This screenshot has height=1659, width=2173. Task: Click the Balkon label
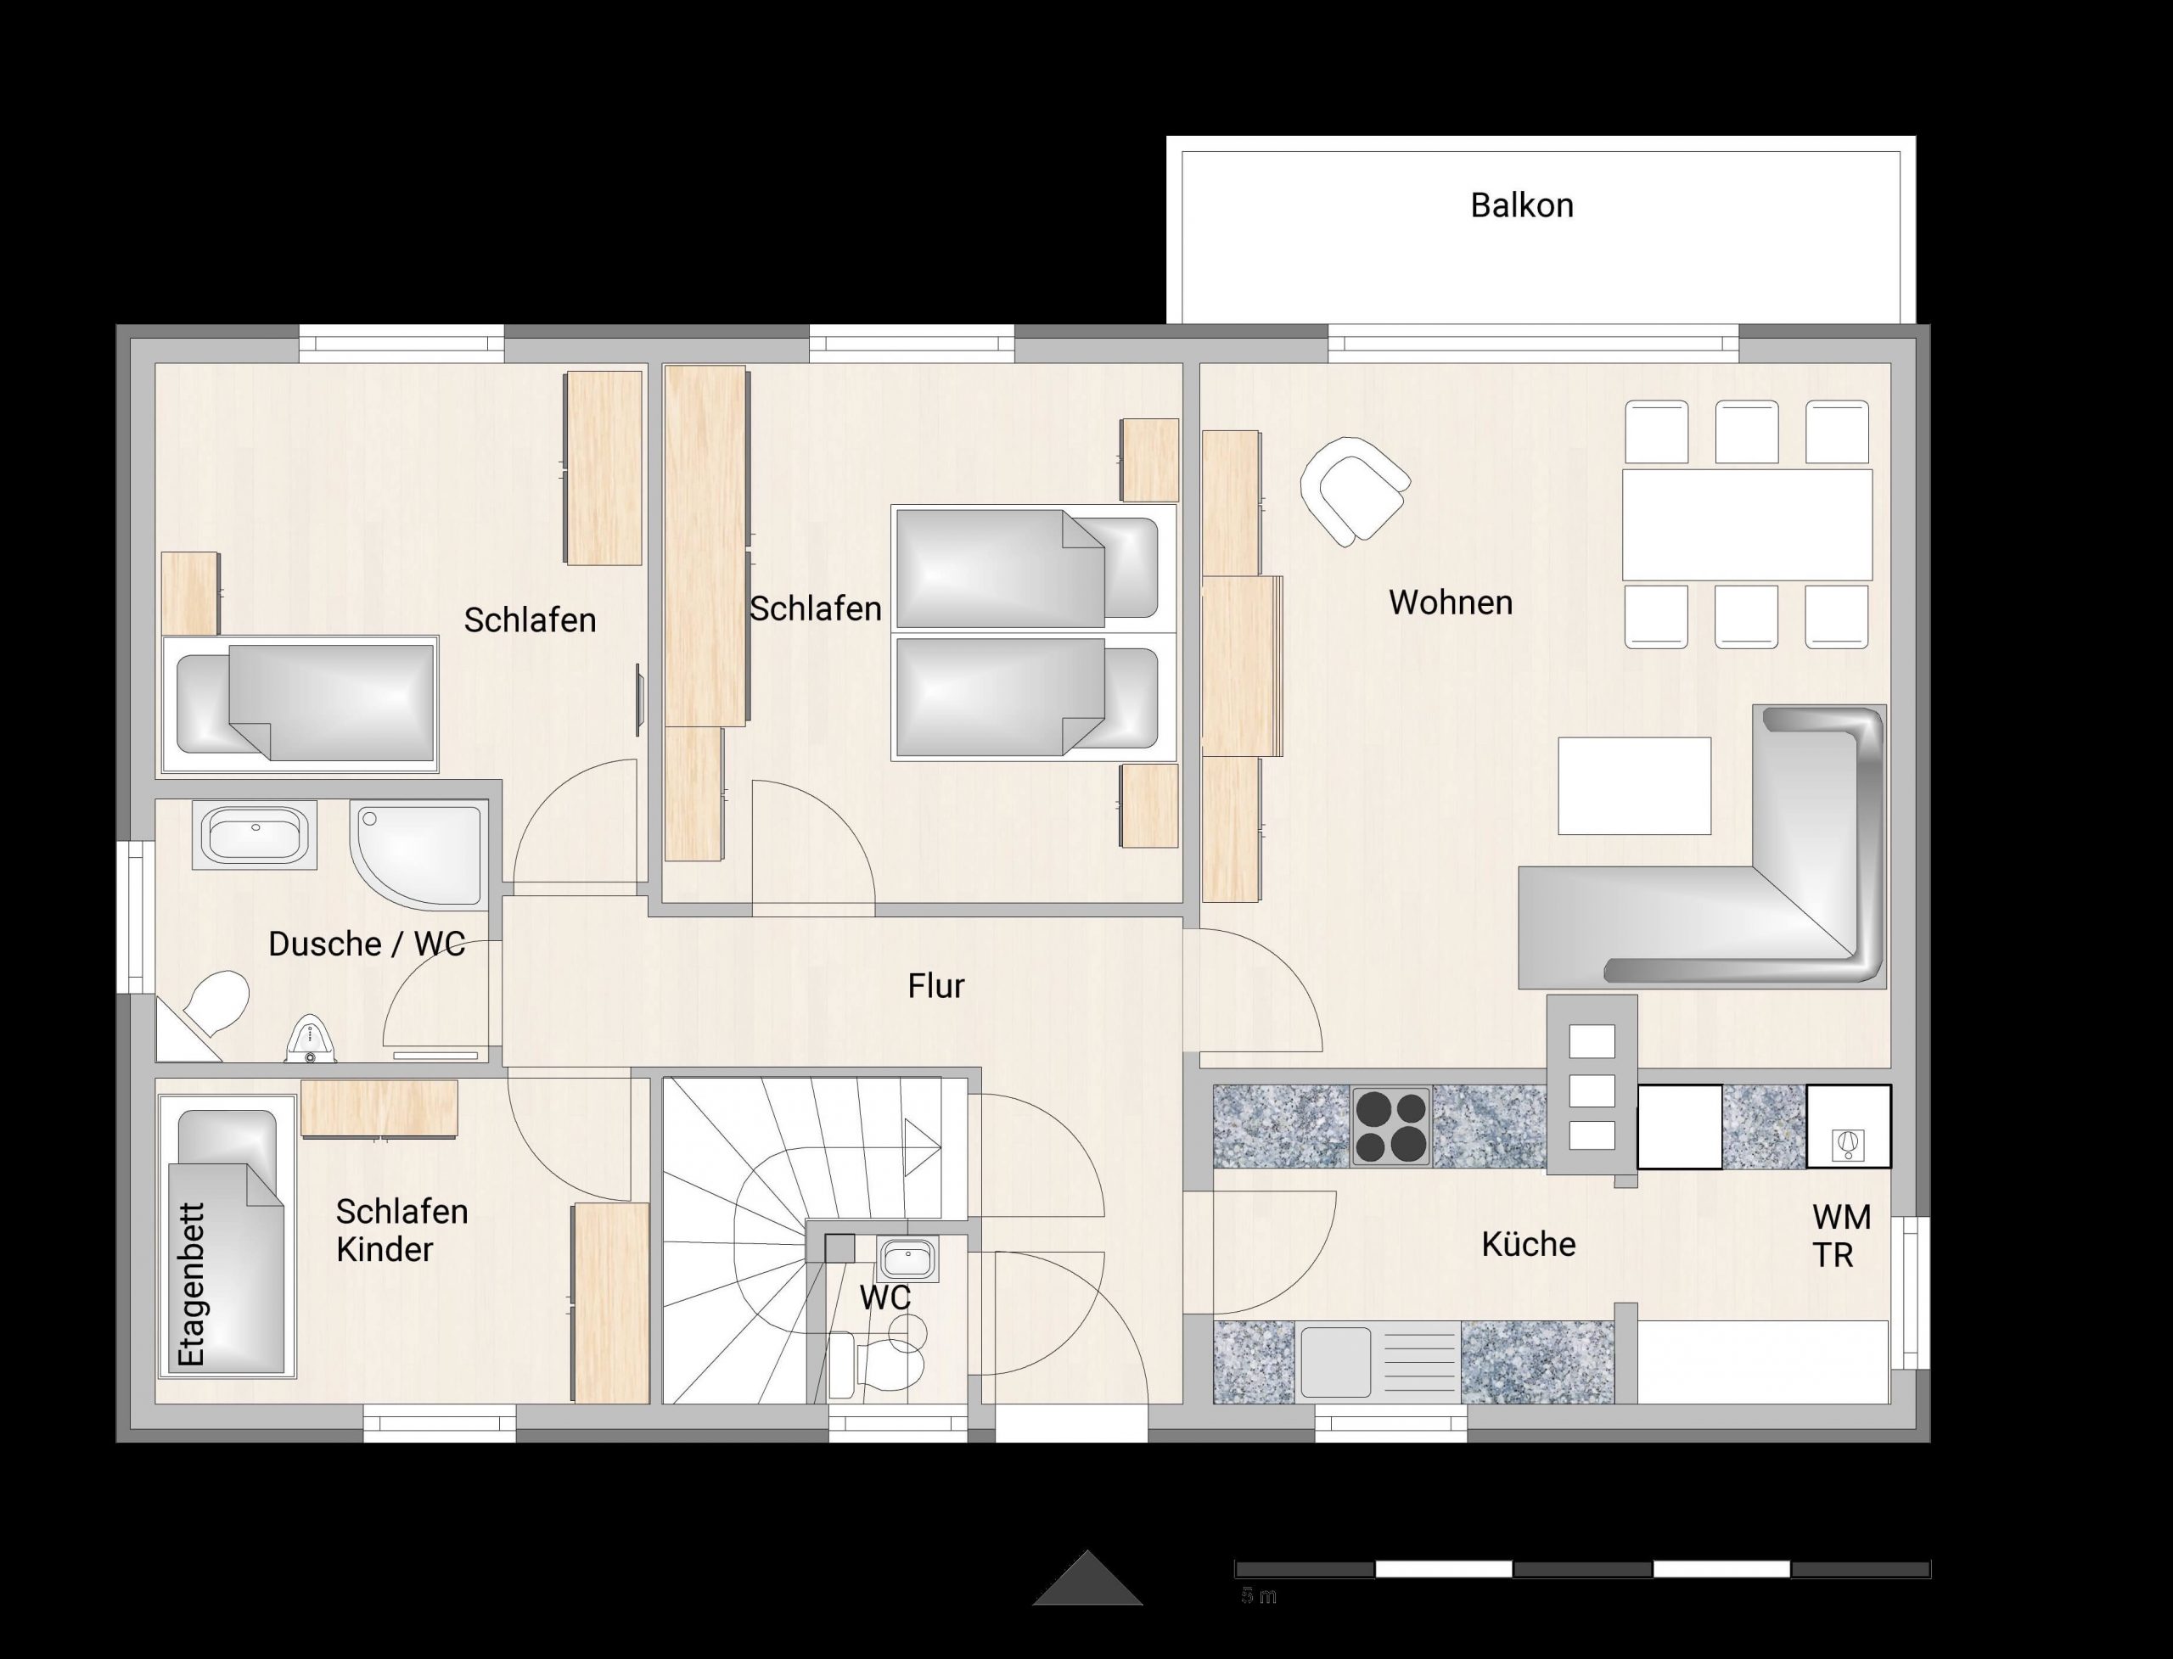pos(1521,205)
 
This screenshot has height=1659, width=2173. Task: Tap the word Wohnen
pos(1450,603)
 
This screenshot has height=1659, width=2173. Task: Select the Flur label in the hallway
pos(935,985)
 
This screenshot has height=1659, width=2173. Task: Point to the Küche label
pos(1528,1243)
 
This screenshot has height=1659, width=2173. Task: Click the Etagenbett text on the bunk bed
pos(191,1284)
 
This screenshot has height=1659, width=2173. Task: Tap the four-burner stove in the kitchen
pos(1390,1127)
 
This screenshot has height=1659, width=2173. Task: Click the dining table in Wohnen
pos(1747,524)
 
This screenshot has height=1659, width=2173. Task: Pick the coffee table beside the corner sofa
pos(1635,785)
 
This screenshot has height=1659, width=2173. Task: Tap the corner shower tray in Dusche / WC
pos(420,855)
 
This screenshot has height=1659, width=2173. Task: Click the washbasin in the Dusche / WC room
pos(255,834)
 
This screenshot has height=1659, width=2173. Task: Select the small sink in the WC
pos(907,1259)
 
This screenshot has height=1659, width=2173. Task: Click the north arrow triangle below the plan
pos(1087,1578)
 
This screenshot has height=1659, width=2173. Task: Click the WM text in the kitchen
pos(1842,1218)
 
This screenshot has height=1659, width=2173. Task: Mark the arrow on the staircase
pos(923,1147)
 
